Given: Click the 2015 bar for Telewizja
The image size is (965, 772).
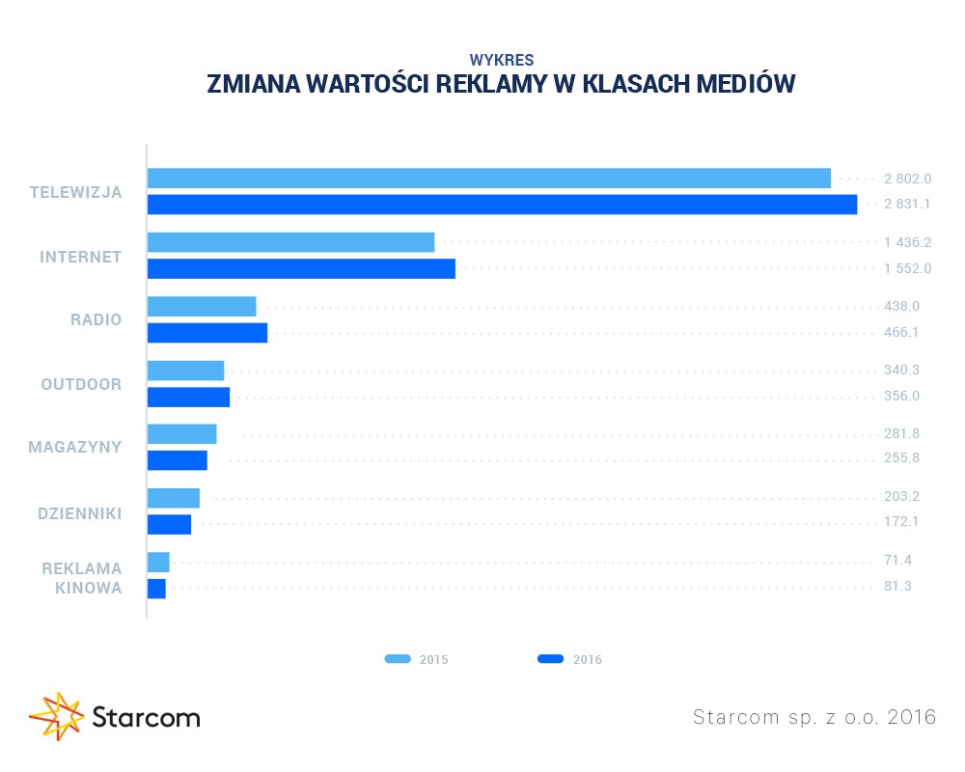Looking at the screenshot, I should click(x=488, y=179).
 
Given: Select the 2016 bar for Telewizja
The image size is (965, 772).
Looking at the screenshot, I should click(x=502, y=205).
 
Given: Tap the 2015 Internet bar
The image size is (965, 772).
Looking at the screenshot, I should click(x=290, y=242).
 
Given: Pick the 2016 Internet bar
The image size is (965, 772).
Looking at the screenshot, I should click(x=300, y=268).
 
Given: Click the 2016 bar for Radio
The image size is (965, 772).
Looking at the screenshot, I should click(x=207, y=333).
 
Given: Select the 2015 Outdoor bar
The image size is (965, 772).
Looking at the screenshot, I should click(x=185, y=371).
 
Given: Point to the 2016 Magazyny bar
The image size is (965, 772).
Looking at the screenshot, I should click(x=177, y=460).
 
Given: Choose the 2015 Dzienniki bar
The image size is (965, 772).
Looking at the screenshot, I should click(x=173, y=498).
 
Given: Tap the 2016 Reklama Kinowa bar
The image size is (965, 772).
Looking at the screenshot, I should click(x=156, y=588).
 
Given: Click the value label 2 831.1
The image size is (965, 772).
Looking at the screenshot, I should click(x=907, y=205).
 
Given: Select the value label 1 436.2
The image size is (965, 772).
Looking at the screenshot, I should click(x=907, y=242).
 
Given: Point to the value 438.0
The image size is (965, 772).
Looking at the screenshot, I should click(x=901, y=306).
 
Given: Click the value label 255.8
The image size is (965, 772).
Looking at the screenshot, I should click(x=901, y=457).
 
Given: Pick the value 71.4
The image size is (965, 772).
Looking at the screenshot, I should click(x=898, y=561).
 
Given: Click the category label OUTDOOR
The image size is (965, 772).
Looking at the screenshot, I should click(x=81, y=384).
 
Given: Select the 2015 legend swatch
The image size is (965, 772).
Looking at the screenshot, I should click(x=398, y=659).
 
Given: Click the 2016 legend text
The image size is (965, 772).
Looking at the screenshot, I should click(x=587, y=660).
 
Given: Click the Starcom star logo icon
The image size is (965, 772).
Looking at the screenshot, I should click(x=57, y=716).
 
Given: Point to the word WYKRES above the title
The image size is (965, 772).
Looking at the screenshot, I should click(x=501, y=59).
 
